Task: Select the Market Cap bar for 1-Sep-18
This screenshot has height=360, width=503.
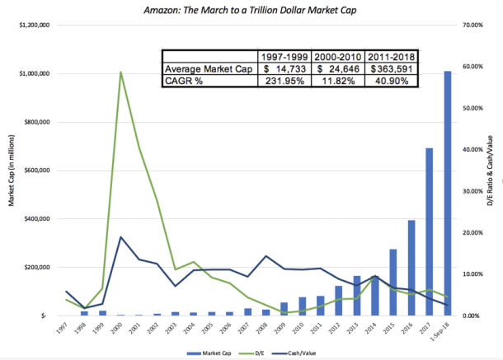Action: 448,194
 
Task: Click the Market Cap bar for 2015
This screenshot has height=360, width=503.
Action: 393,283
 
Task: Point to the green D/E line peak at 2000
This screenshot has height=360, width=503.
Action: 121,72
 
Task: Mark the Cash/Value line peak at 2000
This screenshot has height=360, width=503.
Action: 121,237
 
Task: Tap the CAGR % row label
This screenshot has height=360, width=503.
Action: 185,81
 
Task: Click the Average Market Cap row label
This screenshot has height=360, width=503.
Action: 208,68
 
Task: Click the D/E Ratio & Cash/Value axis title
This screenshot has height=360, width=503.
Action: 493,171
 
